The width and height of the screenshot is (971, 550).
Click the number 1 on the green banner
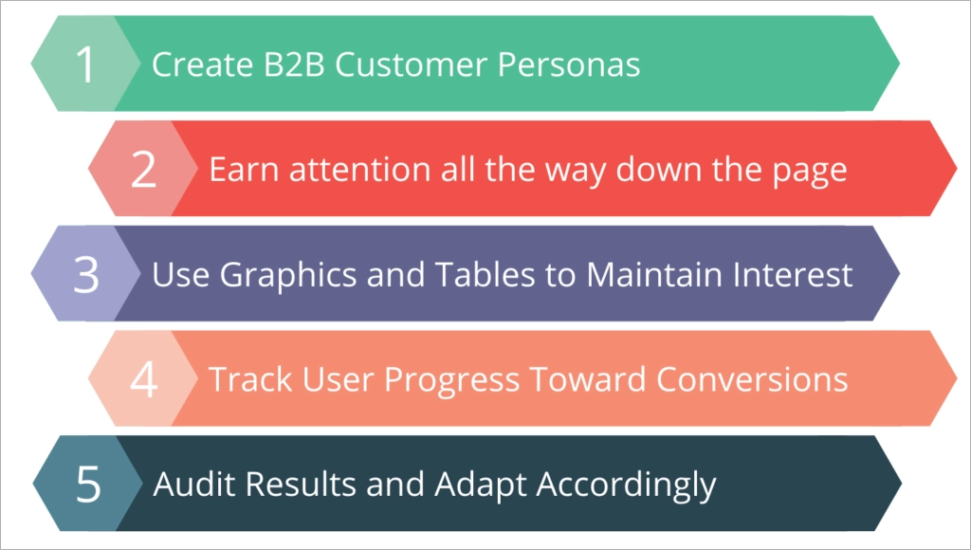tap(86, 64)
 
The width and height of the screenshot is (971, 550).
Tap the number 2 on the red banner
tap(143, 170)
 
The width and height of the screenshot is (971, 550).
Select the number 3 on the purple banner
tap(86, 275)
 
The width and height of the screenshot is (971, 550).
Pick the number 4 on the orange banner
tap(143, 379)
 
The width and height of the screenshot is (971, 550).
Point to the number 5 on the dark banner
tap(87, 485)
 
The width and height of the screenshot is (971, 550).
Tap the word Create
tap(197, 64)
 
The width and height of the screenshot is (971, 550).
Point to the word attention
tap(350, 170)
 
